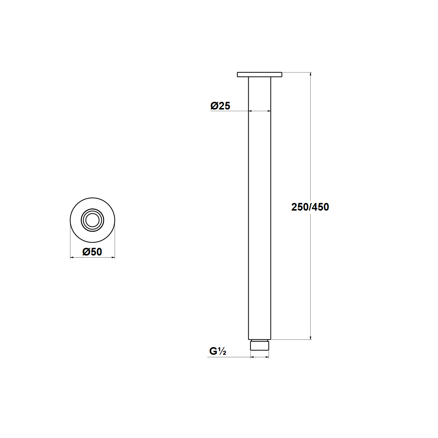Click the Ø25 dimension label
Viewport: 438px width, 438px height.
(220, 106)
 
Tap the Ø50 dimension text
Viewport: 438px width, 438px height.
(92, 251)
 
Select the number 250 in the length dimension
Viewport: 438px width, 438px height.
(299, 207)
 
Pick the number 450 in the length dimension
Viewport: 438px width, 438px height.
(321, 207)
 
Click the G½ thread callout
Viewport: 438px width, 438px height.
(218, 351)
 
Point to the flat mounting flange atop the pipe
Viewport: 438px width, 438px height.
(260, 74)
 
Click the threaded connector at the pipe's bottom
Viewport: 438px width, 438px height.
(260, 345)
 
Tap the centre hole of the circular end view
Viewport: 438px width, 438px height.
(92, 220)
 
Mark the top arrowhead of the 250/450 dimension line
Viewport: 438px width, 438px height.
(311, 74)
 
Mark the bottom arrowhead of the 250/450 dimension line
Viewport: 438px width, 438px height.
(311, 338)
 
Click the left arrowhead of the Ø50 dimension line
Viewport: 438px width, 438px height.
(72, 258)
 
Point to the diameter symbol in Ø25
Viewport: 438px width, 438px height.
(214, 106)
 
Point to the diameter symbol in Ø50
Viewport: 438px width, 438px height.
(86, 251)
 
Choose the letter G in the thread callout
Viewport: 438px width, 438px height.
(213, 351)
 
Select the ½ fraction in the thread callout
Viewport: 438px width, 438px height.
(222, 351)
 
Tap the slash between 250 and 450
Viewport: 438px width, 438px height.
(310, 207)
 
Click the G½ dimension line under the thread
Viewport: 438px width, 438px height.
(260, 357)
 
